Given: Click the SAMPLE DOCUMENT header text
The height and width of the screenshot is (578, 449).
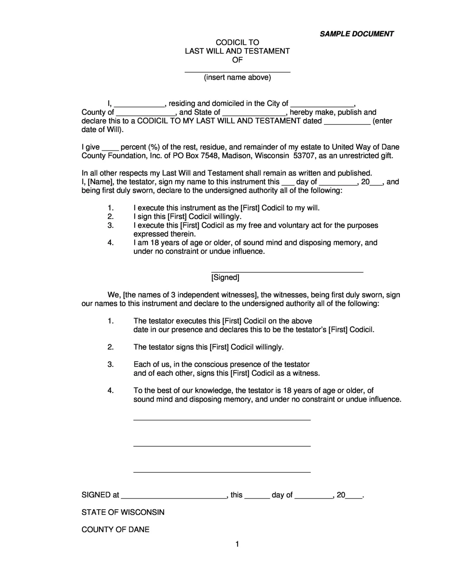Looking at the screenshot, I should pos(356,34).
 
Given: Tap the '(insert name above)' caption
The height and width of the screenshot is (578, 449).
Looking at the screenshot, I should pos(237,77).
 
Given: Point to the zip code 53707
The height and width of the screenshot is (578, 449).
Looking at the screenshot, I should pos(304,156).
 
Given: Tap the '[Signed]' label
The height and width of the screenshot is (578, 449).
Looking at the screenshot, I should pos(225,278).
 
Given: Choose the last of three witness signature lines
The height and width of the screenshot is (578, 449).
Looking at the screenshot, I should pos(222,471).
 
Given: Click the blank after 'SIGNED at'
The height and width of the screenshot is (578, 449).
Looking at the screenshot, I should pos(174,496).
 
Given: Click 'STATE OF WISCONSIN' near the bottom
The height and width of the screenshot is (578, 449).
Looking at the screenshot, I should pos(123,512).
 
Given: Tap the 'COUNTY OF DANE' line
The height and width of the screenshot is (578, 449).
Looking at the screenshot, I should pos(116,529).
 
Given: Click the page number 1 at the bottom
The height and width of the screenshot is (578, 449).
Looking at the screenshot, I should pos(237,544).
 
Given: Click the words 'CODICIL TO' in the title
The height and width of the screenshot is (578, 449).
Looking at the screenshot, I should pos(237,42).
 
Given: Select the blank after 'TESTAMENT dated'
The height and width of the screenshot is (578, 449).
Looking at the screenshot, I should pos(347,122).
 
